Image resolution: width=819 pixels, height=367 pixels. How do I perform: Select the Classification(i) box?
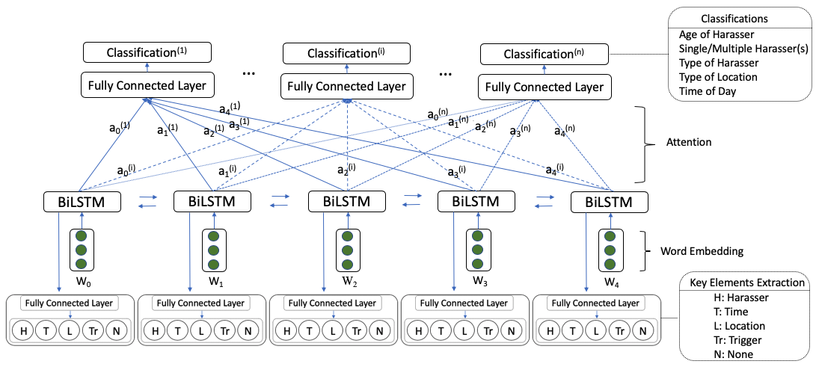(346, 53)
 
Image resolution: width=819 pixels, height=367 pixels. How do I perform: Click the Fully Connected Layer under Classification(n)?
(544, 87)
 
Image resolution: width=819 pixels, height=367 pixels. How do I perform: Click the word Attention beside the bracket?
(690, 143)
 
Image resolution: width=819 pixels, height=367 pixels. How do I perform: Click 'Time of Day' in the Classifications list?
(708, 91)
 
